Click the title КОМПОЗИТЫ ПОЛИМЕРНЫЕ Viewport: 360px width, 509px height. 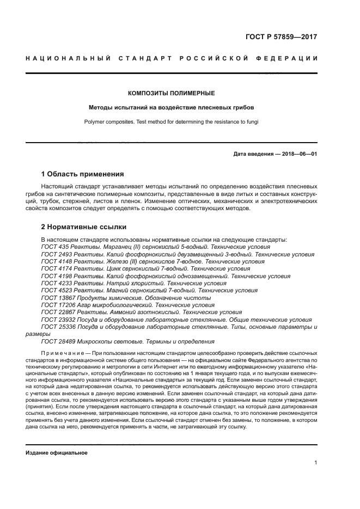(171, 94)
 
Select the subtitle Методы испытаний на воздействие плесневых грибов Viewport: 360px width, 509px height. (171, 108)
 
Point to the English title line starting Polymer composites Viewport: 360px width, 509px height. (171, 122)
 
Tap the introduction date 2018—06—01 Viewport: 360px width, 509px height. (298, 154)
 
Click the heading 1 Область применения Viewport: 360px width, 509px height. (82, 175)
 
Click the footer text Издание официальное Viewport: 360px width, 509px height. (57, 452)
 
